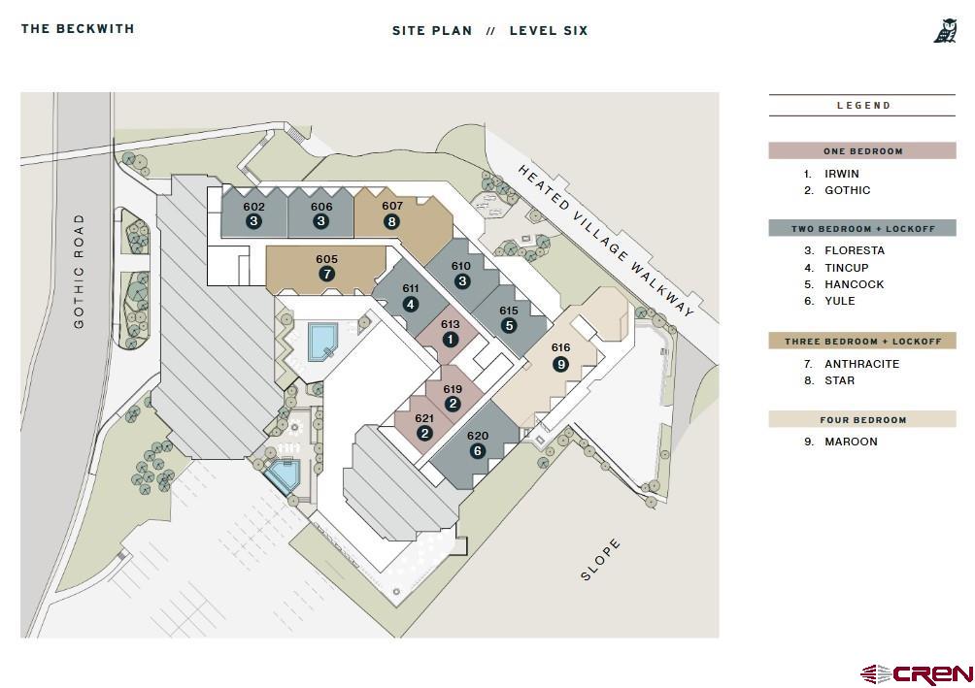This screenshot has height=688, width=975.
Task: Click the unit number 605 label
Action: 326,259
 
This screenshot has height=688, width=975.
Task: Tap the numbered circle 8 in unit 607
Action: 391,221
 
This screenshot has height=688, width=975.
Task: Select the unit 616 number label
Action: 560,347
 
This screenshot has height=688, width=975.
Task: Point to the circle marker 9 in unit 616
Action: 560,364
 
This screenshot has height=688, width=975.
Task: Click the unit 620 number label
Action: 477,436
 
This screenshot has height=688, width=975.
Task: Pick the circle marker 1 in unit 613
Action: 450,340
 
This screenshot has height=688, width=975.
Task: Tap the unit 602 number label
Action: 253,207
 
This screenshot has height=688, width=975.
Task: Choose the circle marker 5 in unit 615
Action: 509,325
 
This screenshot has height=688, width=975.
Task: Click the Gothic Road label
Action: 79,271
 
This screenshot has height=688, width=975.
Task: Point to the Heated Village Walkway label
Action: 607,240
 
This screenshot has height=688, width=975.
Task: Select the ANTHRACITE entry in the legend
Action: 861,364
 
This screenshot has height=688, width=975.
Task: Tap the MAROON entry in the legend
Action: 851,442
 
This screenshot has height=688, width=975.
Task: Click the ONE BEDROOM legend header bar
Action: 862,151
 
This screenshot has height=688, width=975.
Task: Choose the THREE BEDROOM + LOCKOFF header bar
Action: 862,342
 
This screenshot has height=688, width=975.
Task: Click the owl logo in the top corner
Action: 945,31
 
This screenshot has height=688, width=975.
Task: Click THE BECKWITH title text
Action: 78,28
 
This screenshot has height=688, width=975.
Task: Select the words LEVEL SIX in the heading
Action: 549,30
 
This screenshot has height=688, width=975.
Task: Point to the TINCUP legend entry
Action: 846,268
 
